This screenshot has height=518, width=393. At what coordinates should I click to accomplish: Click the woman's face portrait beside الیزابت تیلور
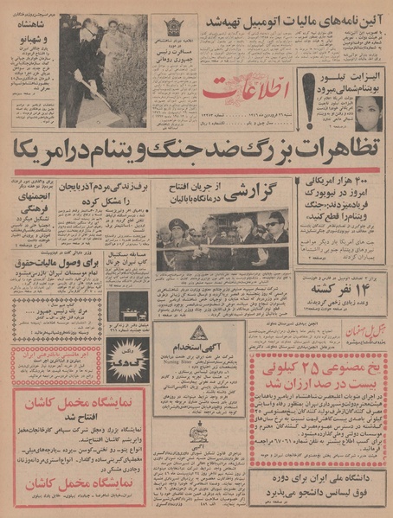pos(367,112)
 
